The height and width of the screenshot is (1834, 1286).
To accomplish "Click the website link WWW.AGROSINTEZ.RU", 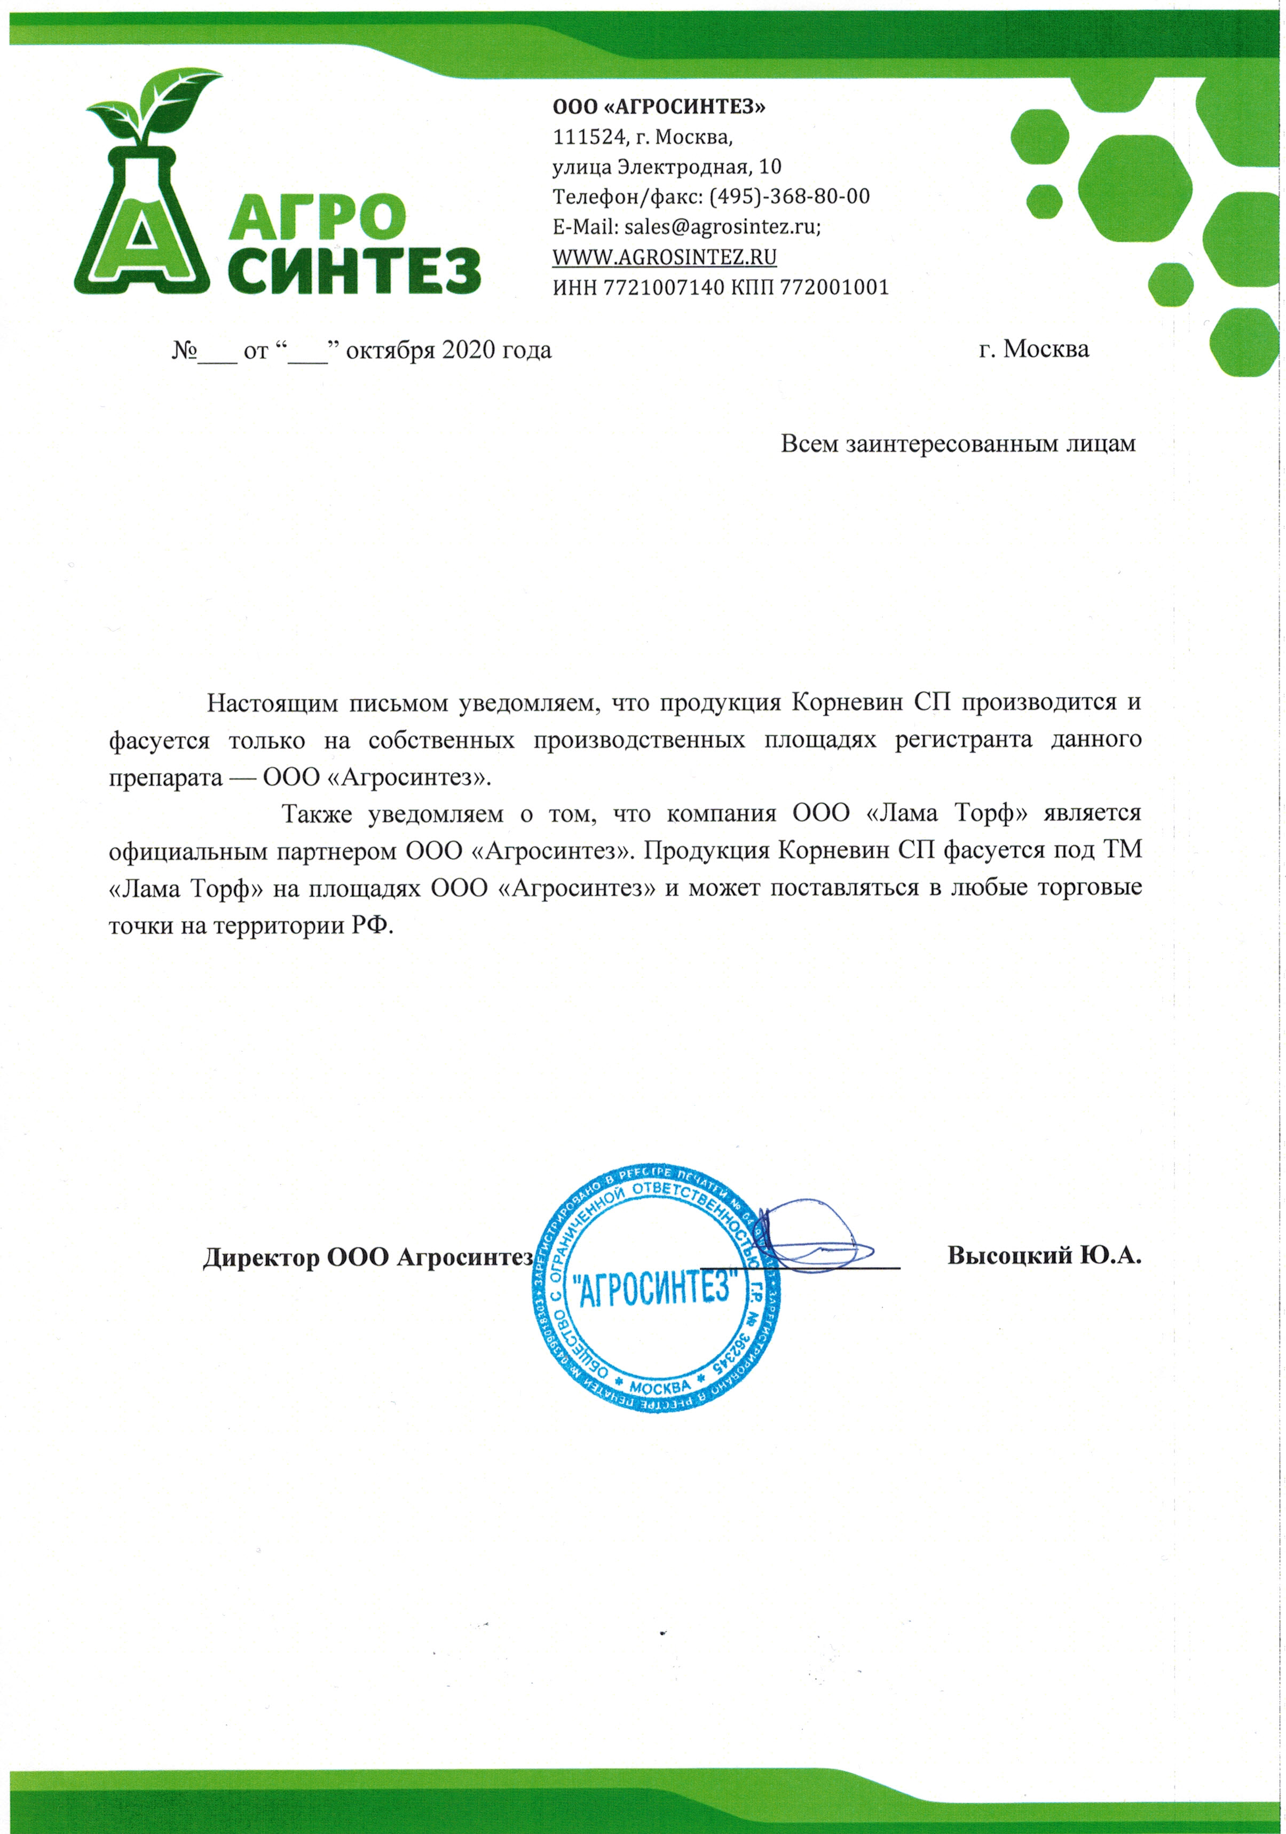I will click(665, 257).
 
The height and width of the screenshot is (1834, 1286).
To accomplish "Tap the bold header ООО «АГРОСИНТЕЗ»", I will click(659, 106).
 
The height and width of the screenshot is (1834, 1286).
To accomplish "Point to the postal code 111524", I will click(588, 137).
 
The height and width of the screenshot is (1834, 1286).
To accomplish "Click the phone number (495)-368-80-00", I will click(789, 196).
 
